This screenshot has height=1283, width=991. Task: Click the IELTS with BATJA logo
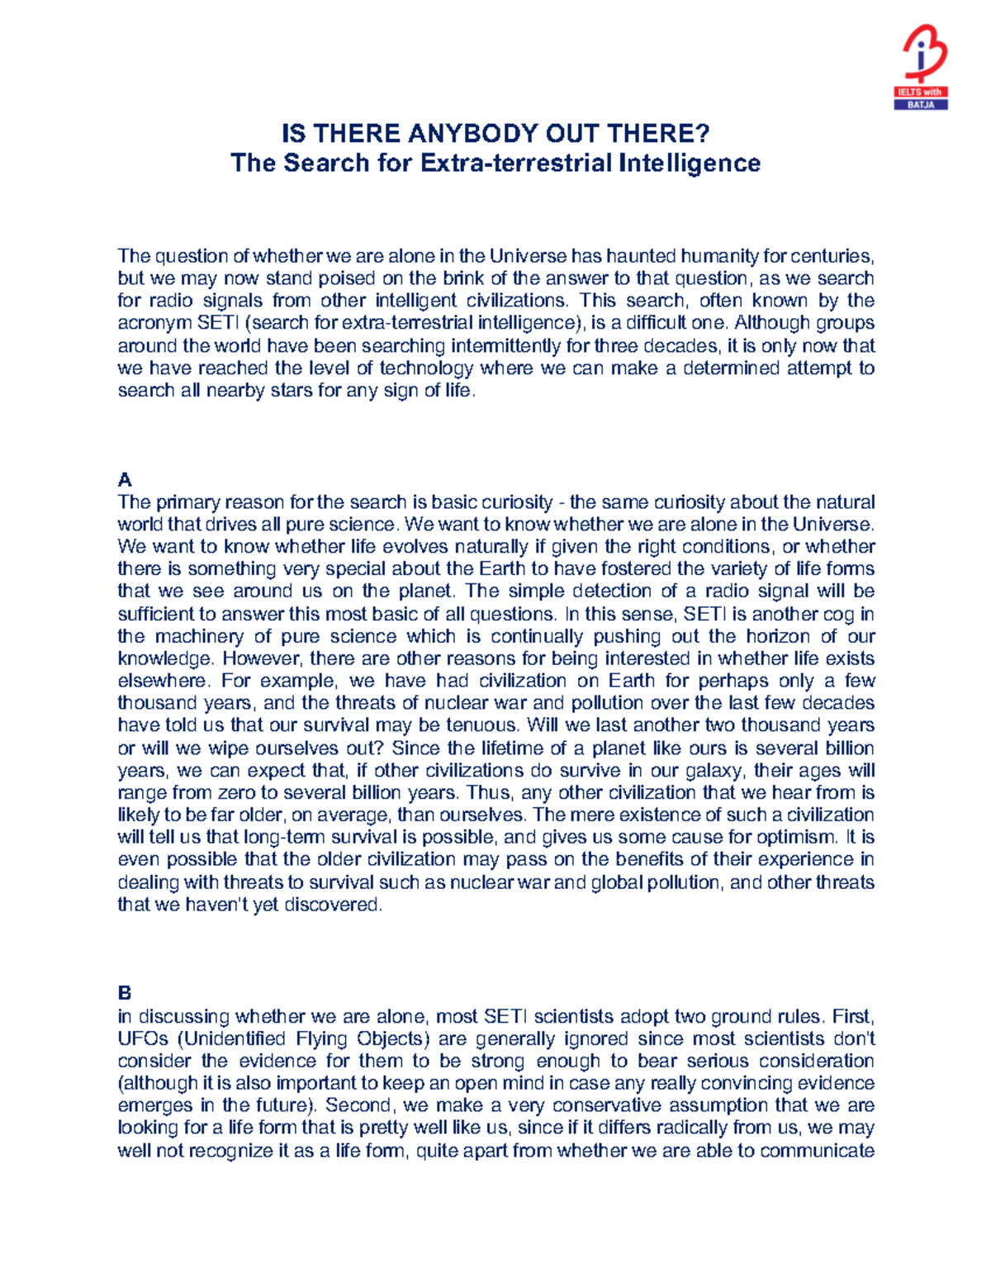tap(922, 67)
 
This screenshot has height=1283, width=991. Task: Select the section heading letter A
tap(125, 480)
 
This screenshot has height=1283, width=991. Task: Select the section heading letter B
tap(125, 992)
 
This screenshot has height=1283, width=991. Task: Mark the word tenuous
tap(481, 725)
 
